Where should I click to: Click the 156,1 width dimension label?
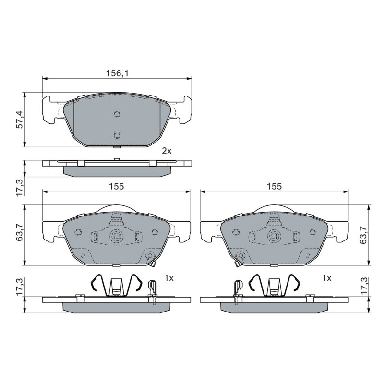pyautogui.click(x=117, y=73)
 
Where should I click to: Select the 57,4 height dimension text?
pyautogui.click(x=19, y=120)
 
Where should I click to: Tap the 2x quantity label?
pyautogui.click(x=167, y=151)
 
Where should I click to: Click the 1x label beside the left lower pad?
pyautogui.click(x=169, y=278)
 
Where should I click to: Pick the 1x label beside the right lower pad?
pyautogui.click(x=326, y=278)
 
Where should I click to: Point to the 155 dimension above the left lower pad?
pyautogui.click(x=117, y=186)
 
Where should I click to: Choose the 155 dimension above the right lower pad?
pyautogui.click(x=274, y=186)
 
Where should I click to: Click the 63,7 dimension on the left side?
pyautogui.click(x=19, y=233)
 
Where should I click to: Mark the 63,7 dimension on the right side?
pyautogui.click(x=363, y=235)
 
